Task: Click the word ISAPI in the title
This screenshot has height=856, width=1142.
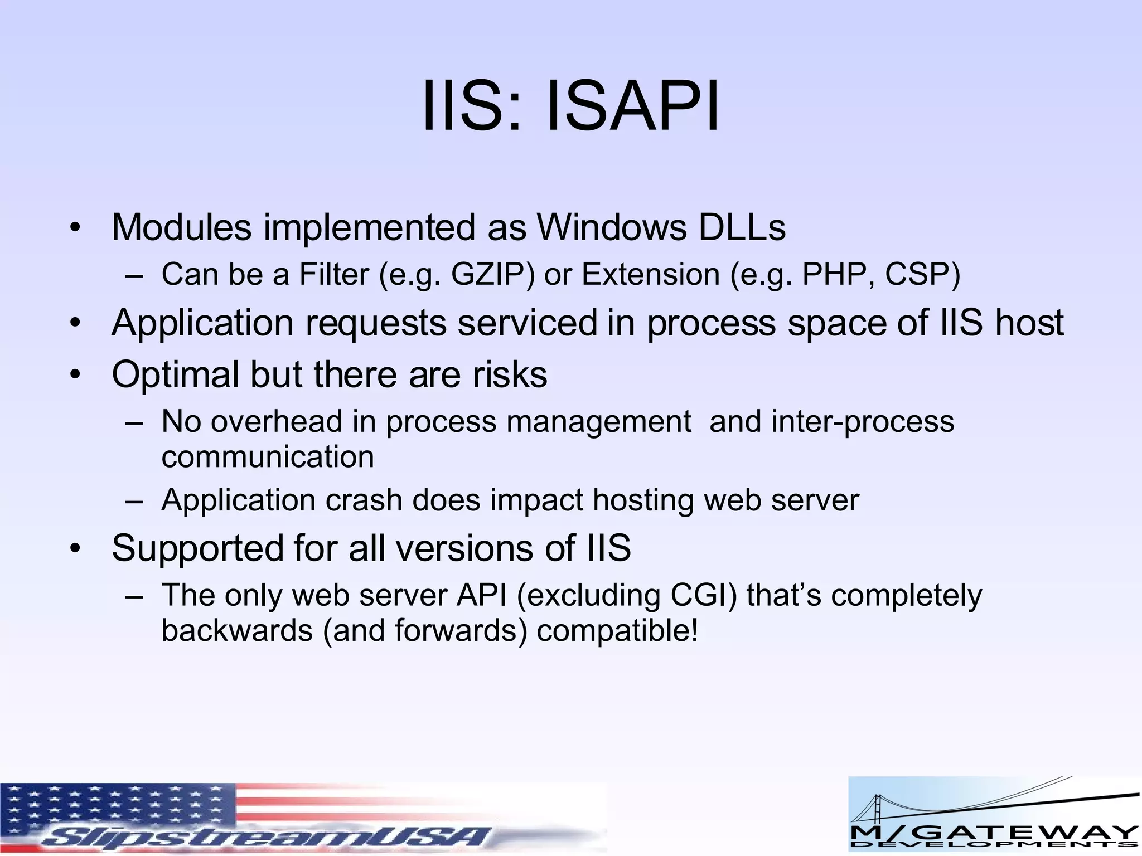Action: pyautogui.click(x=633, y=106)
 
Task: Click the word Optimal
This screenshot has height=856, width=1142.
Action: pyautogui.click(x=175, y=374)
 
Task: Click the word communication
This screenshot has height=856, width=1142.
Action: pyautogui.click(x=268, y=457)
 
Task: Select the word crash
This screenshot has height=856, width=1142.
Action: pyautogui.click(x=364, y=500)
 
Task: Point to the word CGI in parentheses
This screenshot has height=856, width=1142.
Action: pyautogui.click(x=700, y=595)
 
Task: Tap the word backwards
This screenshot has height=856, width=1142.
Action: pyautogui.click(x=237, y=631)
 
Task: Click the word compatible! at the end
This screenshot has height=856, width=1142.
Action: pyautogui.click(x=617, y=631)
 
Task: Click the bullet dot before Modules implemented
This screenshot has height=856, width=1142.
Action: pyautogui.click(x=76, y=228)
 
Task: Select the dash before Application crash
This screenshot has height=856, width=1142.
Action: pyautogui.click(x=134, y=500)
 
